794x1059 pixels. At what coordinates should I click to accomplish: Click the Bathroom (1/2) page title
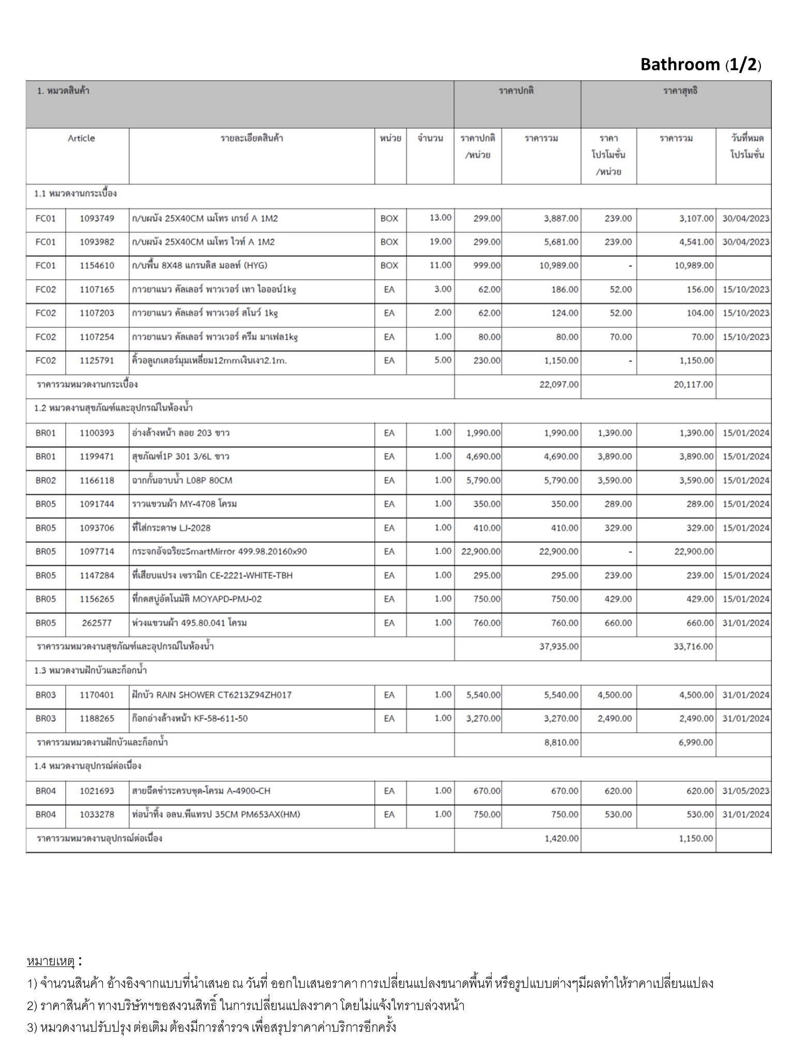pyautogui.click(x=700, y=65)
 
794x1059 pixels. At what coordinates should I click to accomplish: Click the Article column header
pyautogui.click(x=81, y=139)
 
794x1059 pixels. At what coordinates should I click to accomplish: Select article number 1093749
pyautogui.click(x=97, y=219)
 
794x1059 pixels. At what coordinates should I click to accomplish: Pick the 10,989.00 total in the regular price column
pyautogui.click(x=561, y=265)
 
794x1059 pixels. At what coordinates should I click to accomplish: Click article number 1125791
pyautogui.click(x=97, y=360)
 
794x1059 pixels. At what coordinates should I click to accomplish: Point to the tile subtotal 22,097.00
pyautogui.click(x=559, y=385)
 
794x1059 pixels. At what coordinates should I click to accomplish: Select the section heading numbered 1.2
pyautogui.click(x=113, y=408)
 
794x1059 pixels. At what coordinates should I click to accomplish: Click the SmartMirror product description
pyautogui.click(x=219, y=552)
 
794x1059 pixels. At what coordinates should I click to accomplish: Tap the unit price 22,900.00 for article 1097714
pyautogui.click(x=481, y=552)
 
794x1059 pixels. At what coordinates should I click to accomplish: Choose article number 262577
pyautogui.click(x=97, y=623)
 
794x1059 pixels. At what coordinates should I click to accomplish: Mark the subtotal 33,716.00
pyautogui.click(x=693, y=647)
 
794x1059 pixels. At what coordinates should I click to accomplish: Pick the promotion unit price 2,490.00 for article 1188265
pyautogui.click(x=615, y=719)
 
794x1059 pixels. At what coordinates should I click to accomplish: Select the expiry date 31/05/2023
pyautogui.click(x=745, y=791)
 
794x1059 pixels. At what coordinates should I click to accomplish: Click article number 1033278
pyautogui.click(x=97, y=815)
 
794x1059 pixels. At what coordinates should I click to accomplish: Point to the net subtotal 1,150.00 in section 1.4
pyautogui.click(x=696, y=839)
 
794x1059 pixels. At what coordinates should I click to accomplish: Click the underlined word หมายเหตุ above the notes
pyautogui.click(x=51, y=962)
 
